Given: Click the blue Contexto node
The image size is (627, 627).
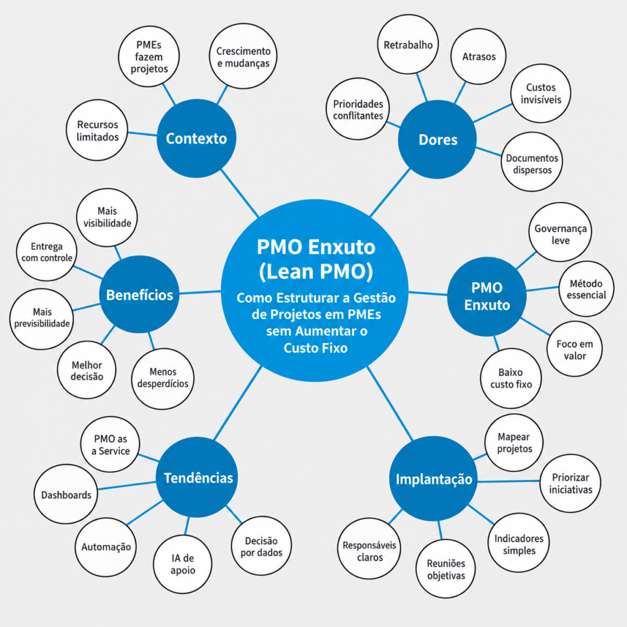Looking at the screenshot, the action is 197,138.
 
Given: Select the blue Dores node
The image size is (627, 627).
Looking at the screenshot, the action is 437,140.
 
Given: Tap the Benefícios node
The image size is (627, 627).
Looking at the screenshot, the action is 139,295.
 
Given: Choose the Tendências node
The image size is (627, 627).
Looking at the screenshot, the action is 197,477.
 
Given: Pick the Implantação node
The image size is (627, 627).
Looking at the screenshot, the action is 433,479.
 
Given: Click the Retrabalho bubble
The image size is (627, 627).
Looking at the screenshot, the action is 408,44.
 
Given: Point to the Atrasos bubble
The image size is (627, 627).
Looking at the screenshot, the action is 479,56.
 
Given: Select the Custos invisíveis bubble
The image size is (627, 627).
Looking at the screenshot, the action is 541,93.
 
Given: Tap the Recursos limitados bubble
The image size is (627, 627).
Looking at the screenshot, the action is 97,130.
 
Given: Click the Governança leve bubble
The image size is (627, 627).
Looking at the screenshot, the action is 560,232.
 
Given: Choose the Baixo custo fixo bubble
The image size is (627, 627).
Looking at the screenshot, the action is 511,378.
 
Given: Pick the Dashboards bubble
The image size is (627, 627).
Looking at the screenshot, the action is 66,494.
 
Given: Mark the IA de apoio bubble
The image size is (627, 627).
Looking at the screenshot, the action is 182,564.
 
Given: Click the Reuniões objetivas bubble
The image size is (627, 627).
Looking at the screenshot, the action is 446,569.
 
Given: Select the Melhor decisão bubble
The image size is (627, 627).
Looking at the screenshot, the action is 87,370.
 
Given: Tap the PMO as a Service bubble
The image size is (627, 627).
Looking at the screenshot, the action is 110,445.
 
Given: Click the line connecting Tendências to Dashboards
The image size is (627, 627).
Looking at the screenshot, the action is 127,486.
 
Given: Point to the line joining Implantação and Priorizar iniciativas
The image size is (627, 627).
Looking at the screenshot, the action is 509,481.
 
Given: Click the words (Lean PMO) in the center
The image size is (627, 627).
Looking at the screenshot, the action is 316,272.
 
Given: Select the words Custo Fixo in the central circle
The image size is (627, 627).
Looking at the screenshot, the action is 315,348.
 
